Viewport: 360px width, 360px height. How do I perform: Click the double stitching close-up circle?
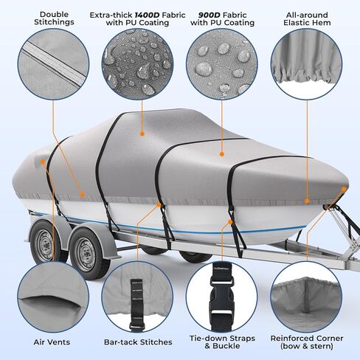pos(44,70)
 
